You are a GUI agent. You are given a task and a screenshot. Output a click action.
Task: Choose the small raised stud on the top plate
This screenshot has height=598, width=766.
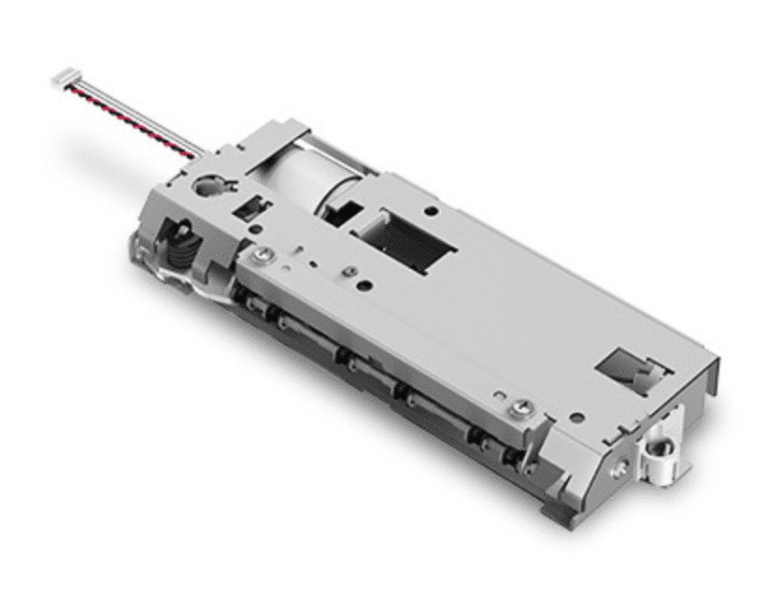348,272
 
